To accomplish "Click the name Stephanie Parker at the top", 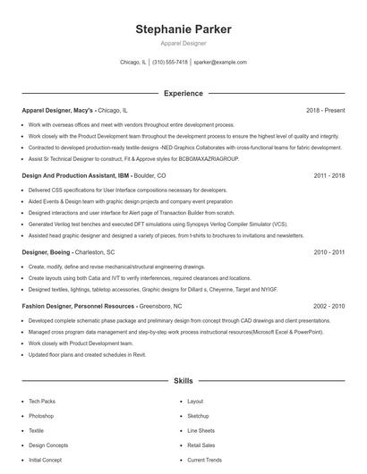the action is point(183,29).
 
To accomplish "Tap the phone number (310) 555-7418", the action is point(170,63).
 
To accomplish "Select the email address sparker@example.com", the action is point(219,63).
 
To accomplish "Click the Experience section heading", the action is point(183,93).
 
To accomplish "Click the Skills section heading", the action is point(183,380).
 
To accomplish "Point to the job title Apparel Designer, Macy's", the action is point(57,110).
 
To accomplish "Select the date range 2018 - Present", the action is point(325,110).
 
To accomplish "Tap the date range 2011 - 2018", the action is point(329,176).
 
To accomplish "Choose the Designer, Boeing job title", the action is point(47,252).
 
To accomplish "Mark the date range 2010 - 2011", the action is point(329,252).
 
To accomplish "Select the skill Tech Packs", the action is point(41,402).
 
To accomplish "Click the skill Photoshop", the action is point(41,416).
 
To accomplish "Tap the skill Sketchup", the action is point(198,416).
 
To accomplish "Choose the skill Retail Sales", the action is point(201,444).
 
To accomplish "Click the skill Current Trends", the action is point(203,459).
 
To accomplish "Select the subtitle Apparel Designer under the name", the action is point(183,43).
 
